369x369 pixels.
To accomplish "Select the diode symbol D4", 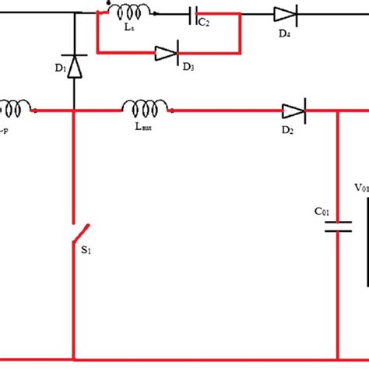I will point(282,13).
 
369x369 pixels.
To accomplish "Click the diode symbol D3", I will point(167,53).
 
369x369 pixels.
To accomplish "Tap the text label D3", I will point(188,69).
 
